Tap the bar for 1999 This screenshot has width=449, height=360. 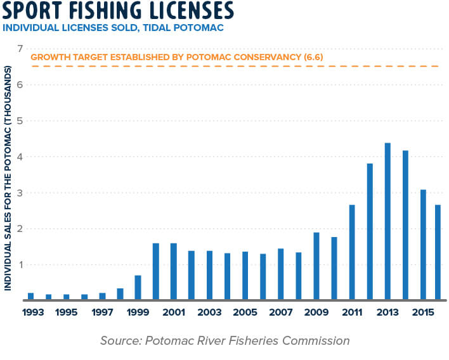[x=138, y=288]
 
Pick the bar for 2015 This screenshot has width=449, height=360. [x=423, y=245]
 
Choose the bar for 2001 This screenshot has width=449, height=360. [x=173, y=272]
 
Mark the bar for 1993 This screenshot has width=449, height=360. [x=30, y=297]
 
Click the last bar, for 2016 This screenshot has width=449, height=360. [x=438, y=252]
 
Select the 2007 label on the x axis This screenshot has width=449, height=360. [x=280, y=312]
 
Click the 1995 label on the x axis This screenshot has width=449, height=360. [x=67, y=312]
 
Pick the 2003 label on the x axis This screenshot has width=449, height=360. [x=209, y=312]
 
